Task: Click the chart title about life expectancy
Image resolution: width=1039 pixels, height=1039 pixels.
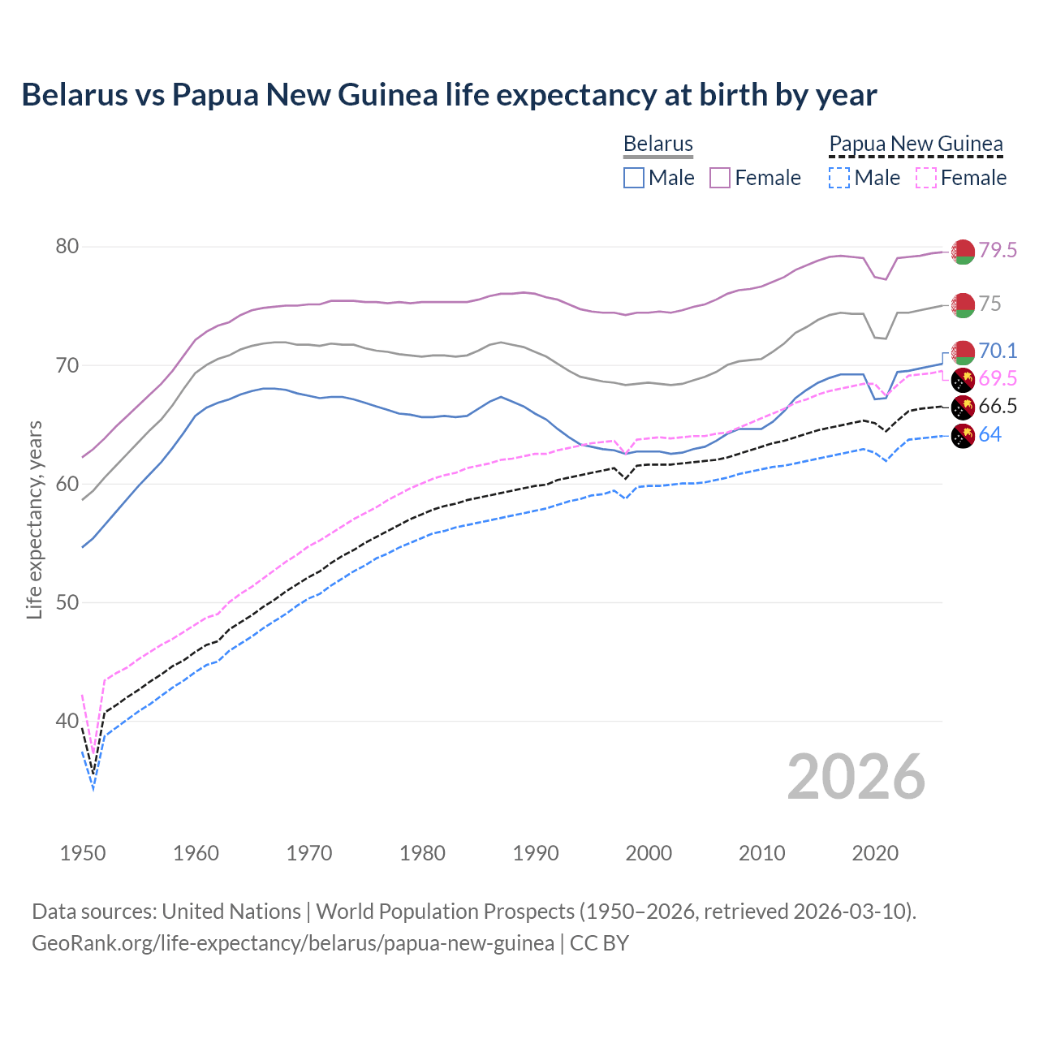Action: (449, 95)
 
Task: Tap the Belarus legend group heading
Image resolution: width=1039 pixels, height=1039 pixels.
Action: (657, 144)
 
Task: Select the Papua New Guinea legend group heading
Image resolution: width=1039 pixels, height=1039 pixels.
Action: (916, 144)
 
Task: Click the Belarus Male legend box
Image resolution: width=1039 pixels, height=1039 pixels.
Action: (634, 178)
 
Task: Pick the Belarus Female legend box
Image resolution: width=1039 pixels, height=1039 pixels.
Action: (720, 178)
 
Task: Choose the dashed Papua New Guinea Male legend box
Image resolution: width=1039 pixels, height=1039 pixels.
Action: (839, 178)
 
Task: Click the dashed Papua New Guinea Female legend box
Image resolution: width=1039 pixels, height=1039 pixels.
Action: (926, 178)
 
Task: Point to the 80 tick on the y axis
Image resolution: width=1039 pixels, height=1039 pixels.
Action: (67, 247)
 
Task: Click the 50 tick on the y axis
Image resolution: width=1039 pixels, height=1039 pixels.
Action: (67, 602)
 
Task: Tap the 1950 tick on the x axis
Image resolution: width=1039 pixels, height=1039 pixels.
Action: (83, 853)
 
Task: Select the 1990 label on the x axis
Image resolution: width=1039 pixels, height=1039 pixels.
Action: (536, 853)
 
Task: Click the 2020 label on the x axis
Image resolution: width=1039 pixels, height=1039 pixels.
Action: (875, 853)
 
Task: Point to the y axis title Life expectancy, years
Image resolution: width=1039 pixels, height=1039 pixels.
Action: (34, 519)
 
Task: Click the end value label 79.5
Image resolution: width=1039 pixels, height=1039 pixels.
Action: (997, 251)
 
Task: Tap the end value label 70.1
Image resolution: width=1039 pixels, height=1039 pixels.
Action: (997, 351)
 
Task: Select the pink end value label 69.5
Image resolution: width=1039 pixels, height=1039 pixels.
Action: (997, 378)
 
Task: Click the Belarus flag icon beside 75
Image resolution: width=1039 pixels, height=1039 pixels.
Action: (963, 305)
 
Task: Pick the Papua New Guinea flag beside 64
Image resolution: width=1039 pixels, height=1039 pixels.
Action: (963, 436)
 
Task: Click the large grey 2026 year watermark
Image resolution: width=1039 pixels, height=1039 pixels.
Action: (856, 777)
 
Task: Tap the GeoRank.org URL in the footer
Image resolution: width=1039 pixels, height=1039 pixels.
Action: (292, 943)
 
